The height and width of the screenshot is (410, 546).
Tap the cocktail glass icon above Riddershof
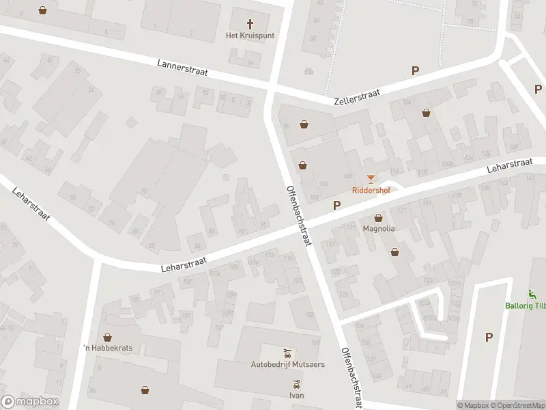(371, 179)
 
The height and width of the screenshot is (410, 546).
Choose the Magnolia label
(378, 229)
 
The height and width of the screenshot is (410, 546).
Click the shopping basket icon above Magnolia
(378, 217)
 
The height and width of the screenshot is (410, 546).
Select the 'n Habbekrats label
(107, 348)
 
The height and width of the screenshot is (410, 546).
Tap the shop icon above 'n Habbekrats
(107, 337)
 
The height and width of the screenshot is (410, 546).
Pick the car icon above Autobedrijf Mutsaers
(287, 353)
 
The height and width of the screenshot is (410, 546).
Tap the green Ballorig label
(525, 305)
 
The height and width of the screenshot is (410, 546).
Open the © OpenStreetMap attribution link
(518, 405)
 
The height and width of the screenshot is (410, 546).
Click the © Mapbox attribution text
(474, 405)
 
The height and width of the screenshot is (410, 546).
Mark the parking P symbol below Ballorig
(489, 336)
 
